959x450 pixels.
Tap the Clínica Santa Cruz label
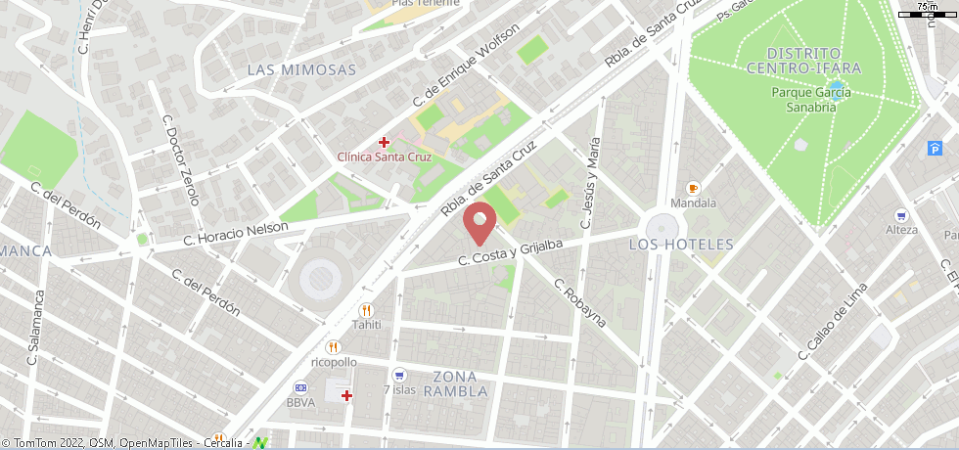click(384, 157)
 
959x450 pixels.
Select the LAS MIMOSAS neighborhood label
click(301, 69)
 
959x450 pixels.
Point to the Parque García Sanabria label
click(810, 100)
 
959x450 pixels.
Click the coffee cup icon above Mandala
click(694, 188)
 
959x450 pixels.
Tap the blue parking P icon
click(936, 148)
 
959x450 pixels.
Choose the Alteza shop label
click(900, 230)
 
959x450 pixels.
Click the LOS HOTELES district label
click(681, 244)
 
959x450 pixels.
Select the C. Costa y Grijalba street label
click(511, 252)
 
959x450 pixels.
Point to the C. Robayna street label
click(579, 302)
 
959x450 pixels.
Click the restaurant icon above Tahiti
click(366, 310)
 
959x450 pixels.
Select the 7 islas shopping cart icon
click(398, 375)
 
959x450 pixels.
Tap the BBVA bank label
click(300, 402)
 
